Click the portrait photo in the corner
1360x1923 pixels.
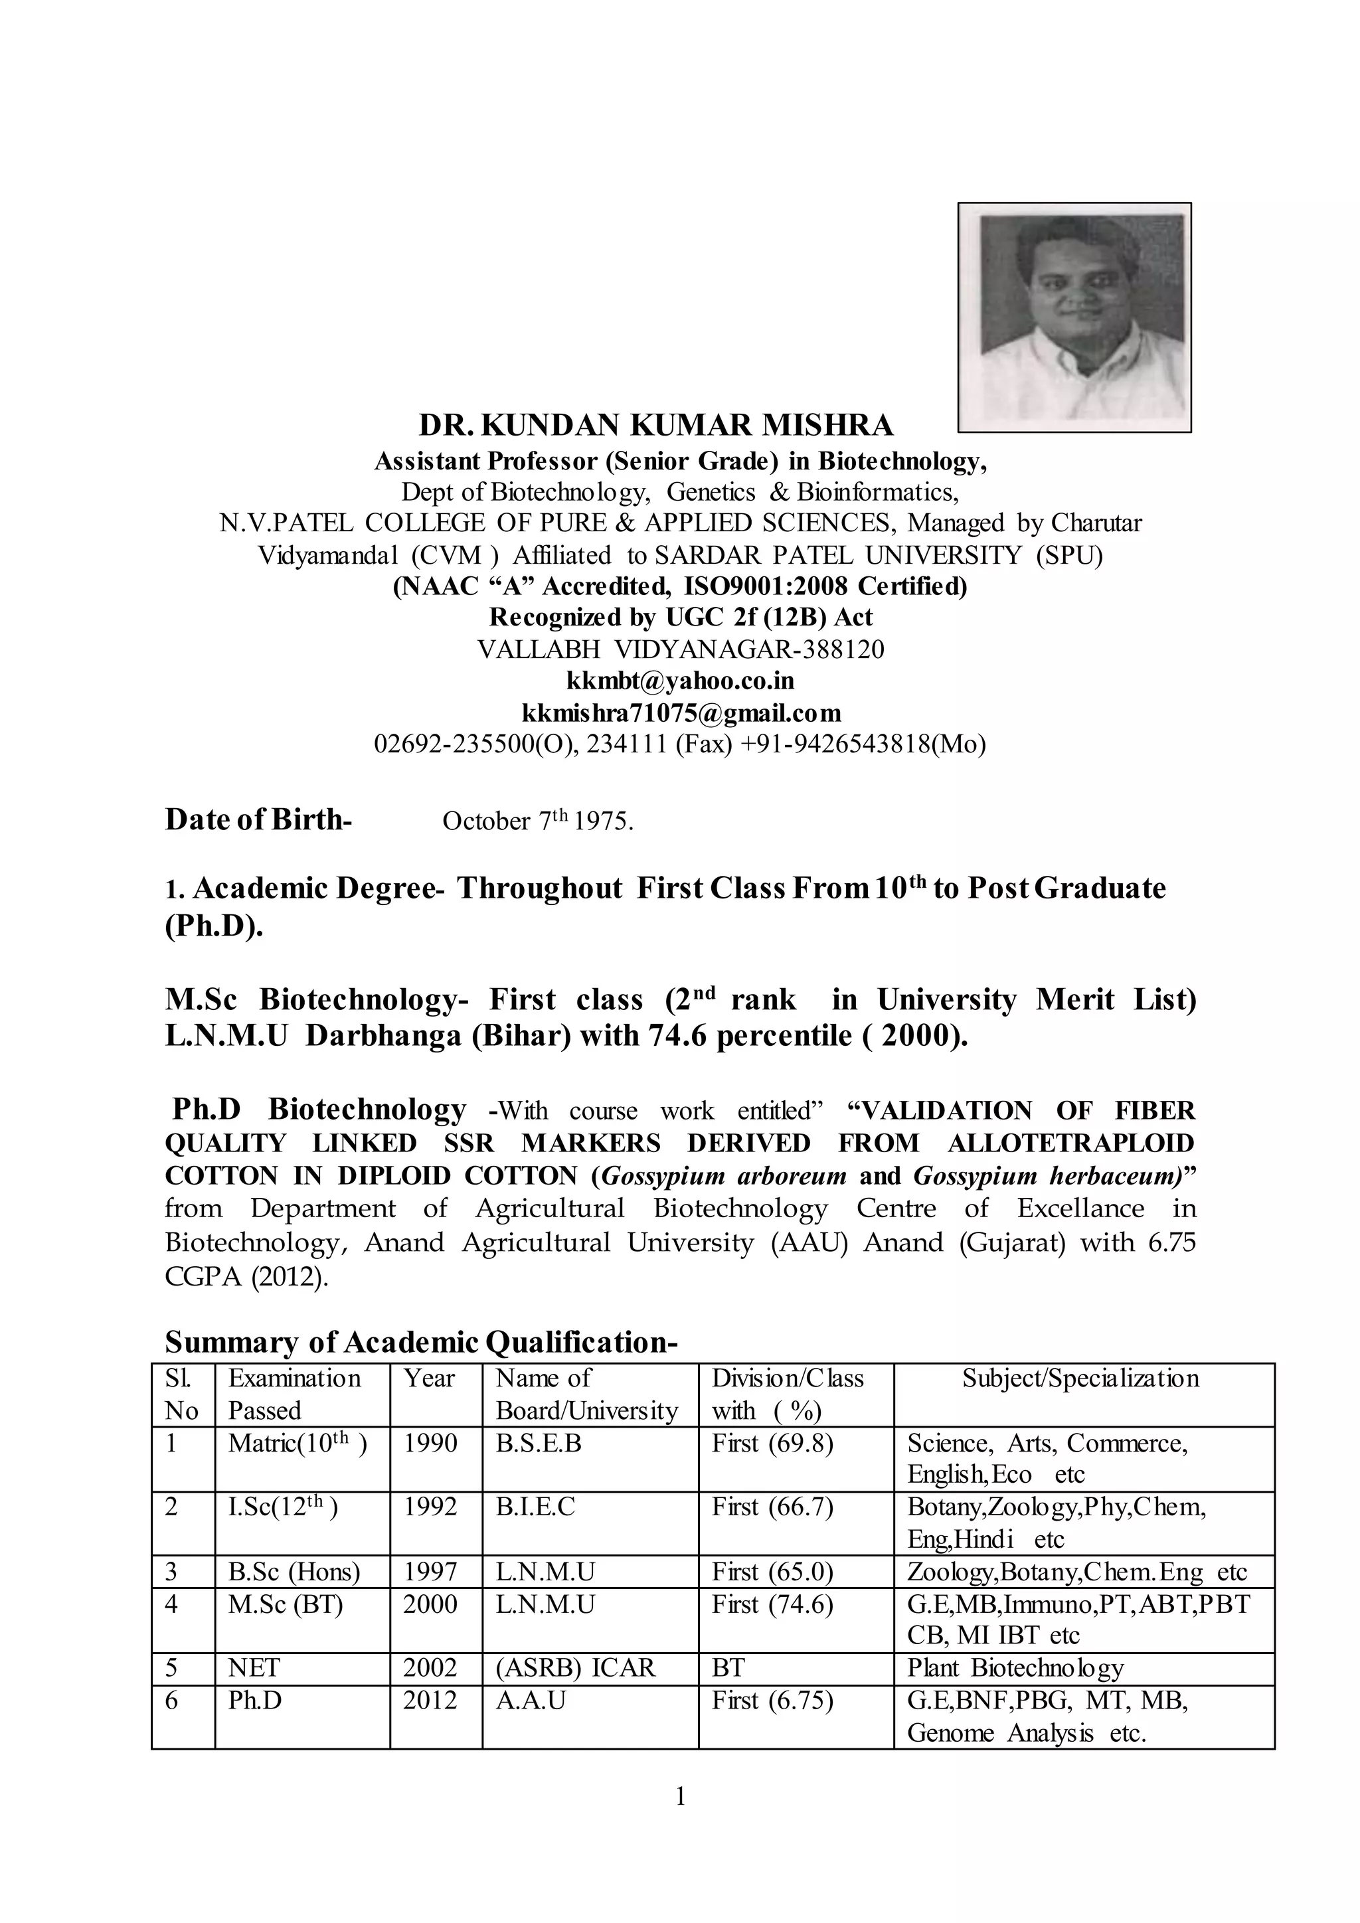[x=1074, y=317]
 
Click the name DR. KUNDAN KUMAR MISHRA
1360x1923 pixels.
[x=655, y=426]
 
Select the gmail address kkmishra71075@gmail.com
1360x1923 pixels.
[x=681, y=712]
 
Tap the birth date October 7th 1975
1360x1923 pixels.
[x=537, y=821]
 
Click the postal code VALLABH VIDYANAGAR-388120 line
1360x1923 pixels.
[x=680, y=649]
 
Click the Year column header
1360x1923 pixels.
[x=430, y=1378]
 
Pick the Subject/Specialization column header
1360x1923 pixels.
[x=1080, y=1378]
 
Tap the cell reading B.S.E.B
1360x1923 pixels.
[x=539, y=1443]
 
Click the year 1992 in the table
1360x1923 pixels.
[x=430, y=1507]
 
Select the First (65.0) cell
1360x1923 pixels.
[x=772, y=1572]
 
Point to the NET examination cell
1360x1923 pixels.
[x=254, y=1667]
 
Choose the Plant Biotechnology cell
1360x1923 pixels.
[x=1015, y=1667]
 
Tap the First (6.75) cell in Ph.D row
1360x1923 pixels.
[x=772, y=1700]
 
